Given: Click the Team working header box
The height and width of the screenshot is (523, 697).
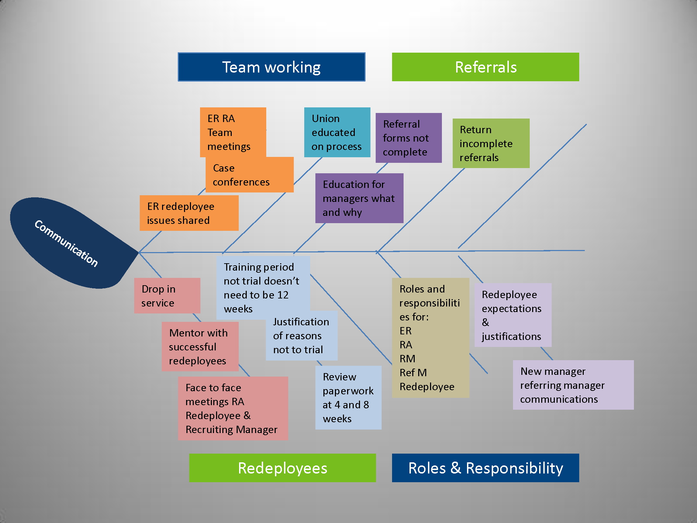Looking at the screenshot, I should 271,67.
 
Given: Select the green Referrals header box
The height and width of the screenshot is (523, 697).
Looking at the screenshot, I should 485,67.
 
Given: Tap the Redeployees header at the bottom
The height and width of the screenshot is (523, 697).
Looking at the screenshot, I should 282,468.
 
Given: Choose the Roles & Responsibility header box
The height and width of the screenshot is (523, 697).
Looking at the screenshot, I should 485,468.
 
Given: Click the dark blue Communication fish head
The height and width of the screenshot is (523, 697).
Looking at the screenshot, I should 66,243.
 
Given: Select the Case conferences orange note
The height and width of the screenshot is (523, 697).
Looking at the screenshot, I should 249,175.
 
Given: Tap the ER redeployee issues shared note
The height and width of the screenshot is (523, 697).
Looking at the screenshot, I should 189,213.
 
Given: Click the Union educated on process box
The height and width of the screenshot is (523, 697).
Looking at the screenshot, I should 337,132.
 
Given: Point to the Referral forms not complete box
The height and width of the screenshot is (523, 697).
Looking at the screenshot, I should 408,138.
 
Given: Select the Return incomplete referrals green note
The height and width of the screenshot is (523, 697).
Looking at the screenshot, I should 491,143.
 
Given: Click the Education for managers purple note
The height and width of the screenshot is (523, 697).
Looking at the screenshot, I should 359,198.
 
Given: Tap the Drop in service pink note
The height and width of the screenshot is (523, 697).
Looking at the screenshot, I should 167,296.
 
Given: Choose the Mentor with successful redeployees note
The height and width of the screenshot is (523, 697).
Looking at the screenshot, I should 200,347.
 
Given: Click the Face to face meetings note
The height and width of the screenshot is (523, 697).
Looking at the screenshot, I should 233,408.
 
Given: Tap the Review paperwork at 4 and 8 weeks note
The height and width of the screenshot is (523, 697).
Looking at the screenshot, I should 348,397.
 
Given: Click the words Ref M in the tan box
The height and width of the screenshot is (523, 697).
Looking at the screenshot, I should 413,373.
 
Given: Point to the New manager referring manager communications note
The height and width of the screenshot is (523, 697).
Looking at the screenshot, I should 573,385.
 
